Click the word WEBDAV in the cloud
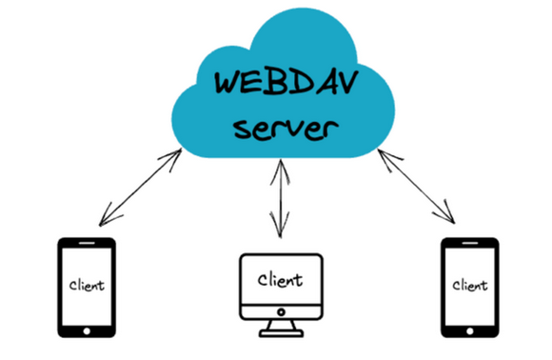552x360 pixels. [286, 82]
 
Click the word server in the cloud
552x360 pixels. [286, 129]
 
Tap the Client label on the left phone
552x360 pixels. [87, 285]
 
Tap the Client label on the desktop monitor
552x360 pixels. [280, 280]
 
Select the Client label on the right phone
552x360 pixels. [470, 285]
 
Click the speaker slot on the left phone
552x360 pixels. [87, 243]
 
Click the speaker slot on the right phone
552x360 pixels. [470, 243]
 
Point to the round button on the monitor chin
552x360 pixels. [281, 312]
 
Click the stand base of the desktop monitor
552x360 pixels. [281, 333]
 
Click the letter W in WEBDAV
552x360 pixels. [228, 83]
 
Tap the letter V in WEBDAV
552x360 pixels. [346, 82]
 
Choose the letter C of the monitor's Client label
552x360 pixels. [263, 280]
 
